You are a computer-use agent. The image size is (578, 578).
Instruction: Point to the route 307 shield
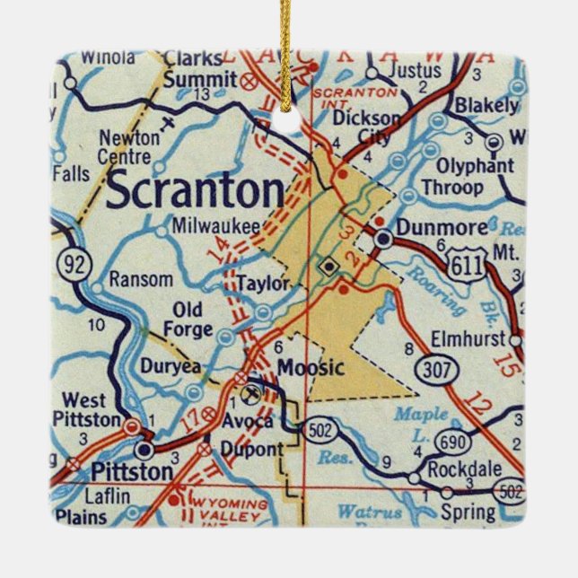432,368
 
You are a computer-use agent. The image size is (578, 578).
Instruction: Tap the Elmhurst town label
477,341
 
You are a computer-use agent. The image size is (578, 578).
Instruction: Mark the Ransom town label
140,279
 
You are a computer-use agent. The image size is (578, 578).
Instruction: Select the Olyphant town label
475,166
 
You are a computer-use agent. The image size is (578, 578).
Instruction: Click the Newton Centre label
129,147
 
